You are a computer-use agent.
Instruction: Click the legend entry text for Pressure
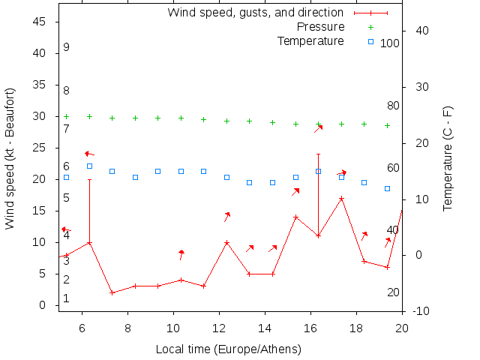point(320,27)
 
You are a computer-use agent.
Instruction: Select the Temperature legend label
point(310,40)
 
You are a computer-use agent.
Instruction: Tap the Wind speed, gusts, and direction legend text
point(255,13)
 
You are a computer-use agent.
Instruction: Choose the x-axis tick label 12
point(219,327)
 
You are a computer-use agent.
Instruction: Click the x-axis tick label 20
point(402,327)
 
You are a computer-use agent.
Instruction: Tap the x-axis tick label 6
point(82,327)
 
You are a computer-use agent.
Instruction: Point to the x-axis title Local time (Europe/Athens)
point(228,349)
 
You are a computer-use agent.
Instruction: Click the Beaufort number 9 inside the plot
point(67,47)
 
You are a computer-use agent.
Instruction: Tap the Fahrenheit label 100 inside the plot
point(390,43)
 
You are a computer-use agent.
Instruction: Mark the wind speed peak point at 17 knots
point(341,199)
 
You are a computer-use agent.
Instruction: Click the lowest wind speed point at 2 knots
point(112,292)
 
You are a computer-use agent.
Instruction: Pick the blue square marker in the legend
point(370,41)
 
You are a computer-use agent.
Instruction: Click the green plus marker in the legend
point(370,27)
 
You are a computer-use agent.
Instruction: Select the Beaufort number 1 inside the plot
point(67,298)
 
